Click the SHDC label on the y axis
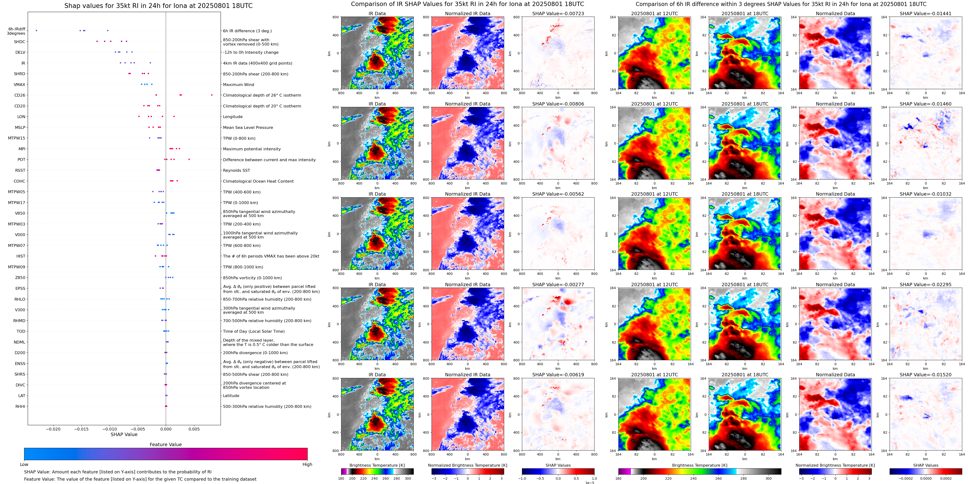coord(20,42)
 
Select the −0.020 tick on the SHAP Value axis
coord(53,429)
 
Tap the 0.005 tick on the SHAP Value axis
coord(194,429)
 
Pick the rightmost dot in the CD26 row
coord(212,95)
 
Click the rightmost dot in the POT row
coord(189,159)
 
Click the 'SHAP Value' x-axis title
coord(124,434)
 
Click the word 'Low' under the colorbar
coord(24,464)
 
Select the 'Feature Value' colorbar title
coord(165,444)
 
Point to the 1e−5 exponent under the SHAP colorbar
coord(589,483)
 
